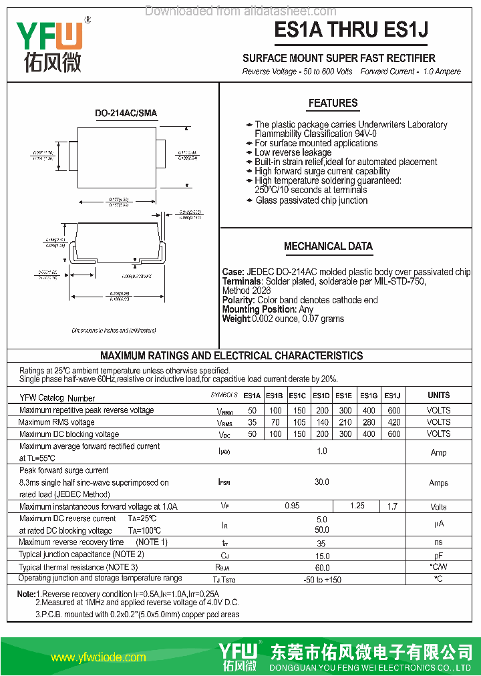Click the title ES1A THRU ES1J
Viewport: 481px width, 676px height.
tap(351, 30)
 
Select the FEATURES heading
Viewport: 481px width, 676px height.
tap(333, 104)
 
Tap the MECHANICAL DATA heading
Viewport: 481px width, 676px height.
tap(328, 246)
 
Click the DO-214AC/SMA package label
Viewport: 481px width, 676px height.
tap(126, 114)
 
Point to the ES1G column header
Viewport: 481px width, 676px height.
tap(368, 395)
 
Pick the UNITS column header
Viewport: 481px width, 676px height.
tap(438, 395)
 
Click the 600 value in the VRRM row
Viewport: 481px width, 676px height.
tap(393, 410)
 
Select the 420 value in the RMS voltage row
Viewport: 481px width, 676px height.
tap(393, 422)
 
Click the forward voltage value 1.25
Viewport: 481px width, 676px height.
tap(357, 506)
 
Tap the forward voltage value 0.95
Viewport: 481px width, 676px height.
tap(292, 506)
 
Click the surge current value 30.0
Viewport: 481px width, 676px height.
tap(322, 482)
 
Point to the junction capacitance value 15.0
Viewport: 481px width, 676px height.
tap(322, 555)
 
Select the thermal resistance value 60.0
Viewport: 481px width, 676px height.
tap(322, 567)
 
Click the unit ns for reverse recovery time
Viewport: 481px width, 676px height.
tap(438, 543)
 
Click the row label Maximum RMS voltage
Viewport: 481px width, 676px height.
tap(57, 422)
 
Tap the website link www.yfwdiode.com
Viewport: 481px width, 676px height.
tap(98, 657)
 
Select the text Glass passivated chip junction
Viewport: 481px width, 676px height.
tap(311, 200)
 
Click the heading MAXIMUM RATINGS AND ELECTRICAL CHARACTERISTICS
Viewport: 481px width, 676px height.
tap(232, 356)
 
